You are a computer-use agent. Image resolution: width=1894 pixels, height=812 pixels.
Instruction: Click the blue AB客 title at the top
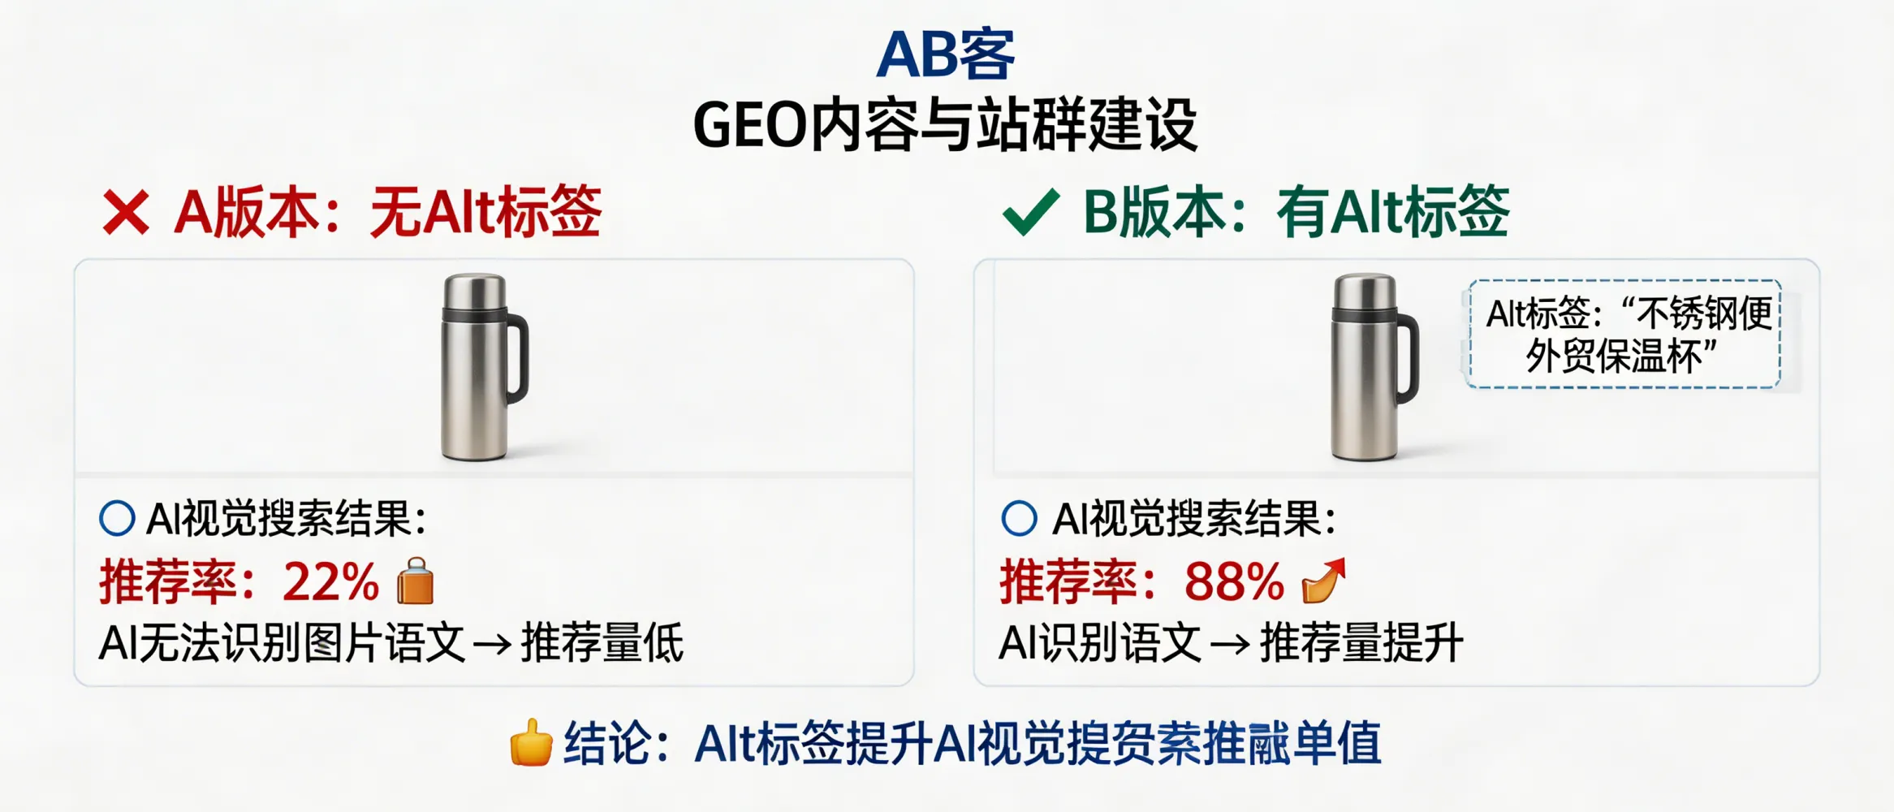point(946,55)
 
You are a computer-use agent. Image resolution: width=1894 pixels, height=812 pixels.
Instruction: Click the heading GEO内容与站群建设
point(946,125)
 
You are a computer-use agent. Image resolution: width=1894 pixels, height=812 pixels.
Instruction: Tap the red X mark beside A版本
point(126,213)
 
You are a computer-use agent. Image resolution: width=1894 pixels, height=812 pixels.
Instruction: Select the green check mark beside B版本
point(1031,212)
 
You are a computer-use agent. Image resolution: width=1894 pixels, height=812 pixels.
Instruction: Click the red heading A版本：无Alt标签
point(388,213)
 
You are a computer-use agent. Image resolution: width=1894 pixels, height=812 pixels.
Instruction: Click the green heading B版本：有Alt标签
point(1296,213)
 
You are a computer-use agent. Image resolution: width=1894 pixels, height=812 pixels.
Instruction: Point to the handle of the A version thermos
point(519,357)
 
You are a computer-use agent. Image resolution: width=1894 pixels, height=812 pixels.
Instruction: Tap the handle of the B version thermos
point(1409,357)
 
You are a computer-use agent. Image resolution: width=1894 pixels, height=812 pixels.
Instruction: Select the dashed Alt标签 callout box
point(1624,335)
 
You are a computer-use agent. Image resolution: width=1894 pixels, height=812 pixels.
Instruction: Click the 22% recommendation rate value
point(330,582)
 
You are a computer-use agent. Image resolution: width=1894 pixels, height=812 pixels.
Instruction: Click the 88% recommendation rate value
point(1233,582)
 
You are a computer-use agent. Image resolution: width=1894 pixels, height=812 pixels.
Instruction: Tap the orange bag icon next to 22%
point(416,581)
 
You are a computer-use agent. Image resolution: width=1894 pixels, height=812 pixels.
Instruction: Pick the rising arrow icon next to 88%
point(1323,581)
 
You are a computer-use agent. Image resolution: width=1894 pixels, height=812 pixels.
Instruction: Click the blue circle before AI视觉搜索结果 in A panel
point(117,518)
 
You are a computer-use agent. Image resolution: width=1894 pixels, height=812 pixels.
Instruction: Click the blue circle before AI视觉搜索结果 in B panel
point(1019,518)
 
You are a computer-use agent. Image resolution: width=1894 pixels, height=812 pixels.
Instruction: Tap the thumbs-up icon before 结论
point(531,742)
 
